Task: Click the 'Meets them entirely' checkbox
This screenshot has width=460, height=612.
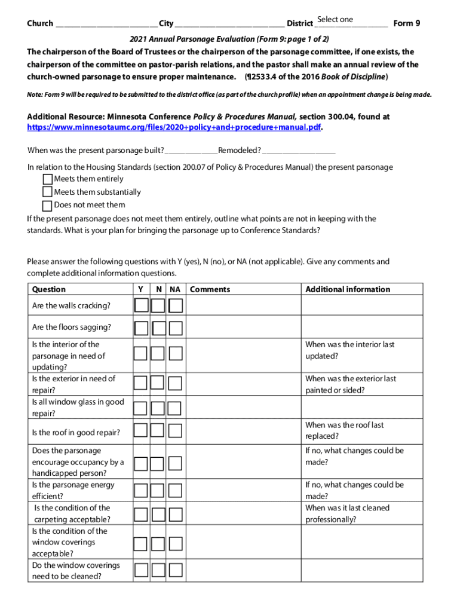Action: click(47, 179)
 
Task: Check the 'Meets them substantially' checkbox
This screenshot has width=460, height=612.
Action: click(47, 192)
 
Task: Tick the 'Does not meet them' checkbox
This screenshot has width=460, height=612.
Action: click(47, 205)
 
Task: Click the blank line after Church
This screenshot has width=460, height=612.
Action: click(106, 24)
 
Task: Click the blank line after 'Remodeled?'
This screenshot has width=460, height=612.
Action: click(298, 151)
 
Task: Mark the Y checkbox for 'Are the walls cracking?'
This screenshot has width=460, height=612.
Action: click(141, 306)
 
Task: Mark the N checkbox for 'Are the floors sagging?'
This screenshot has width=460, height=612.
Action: click(158, 328)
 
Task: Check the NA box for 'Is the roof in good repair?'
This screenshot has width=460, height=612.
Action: click(174, 430)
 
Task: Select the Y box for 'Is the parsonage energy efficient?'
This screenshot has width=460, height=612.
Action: click(141, 491)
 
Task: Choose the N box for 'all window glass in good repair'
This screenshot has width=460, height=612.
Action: click(158, 408)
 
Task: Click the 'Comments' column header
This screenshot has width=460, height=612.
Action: click(210, 289)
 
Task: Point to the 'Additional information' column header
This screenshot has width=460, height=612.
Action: click(347, 289)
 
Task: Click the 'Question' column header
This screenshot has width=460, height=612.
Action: click(49, 289)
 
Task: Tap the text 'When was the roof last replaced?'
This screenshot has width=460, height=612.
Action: click(344, 430)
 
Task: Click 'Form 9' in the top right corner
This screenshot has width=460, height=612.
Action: click(407, 23)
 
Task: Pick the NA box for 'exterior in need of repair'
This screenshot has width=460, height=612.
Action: click(174, 384)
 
